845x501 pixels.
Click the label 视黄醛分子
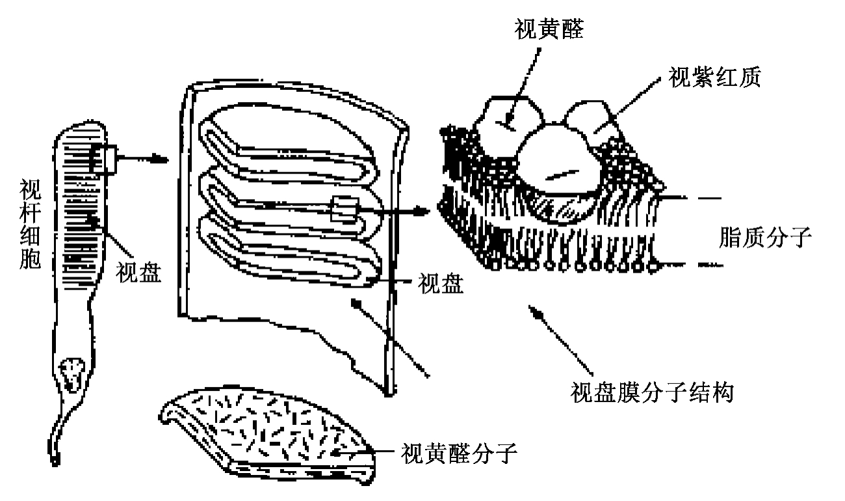click(x=459, y=451)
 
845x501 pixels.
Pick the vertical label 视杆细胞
click(x=29, y=224)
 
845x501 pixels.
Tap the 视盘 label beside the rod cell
click(x=138, y=271)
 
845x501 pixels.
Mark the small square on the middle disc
click(x=343, y=210)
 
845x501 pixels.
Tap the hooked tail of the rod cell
click(x=57, y=449)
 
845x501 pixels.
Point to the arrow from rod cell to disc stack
click(x=139, y=158)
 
